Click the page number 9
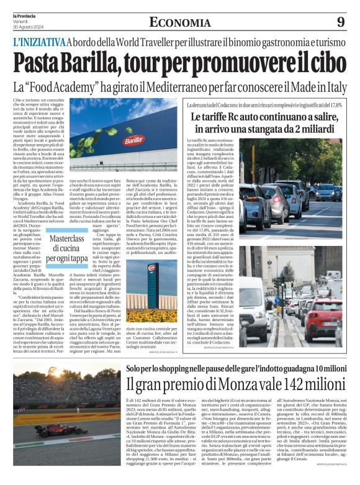point(340,22)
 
